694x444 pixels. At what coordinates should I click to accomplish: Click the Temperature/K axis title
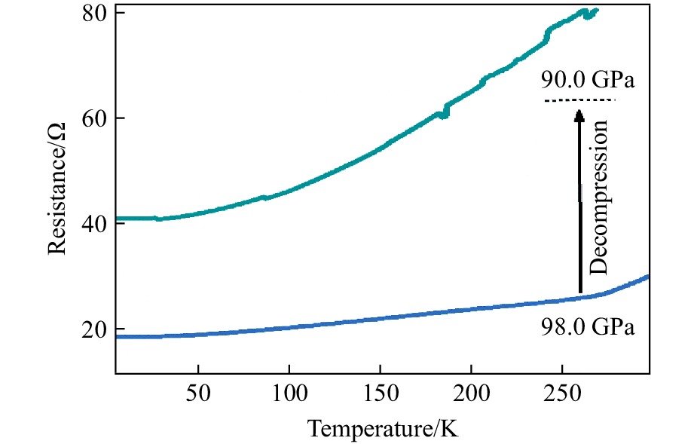tap(382, 429)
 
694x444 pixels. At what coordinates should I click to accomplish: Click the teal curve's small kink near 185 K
tap(445, 112)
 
